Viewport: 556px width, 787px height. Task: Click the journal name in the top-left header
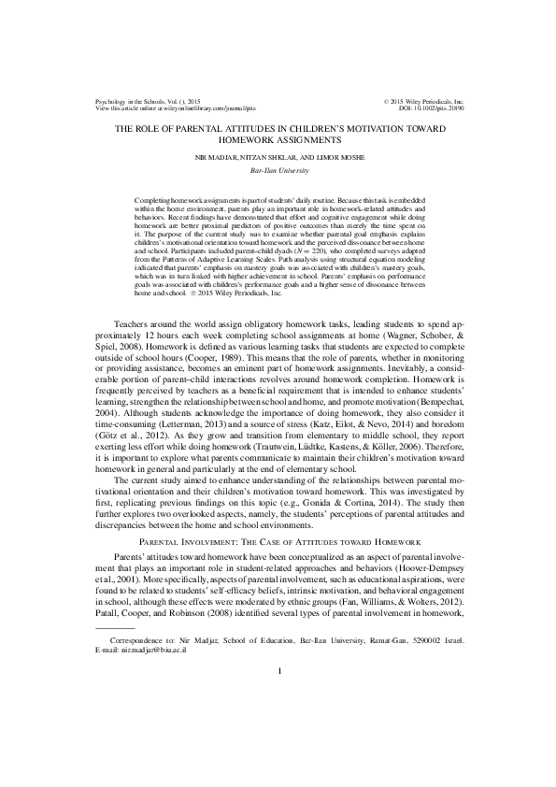click(x=141, y=101)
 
